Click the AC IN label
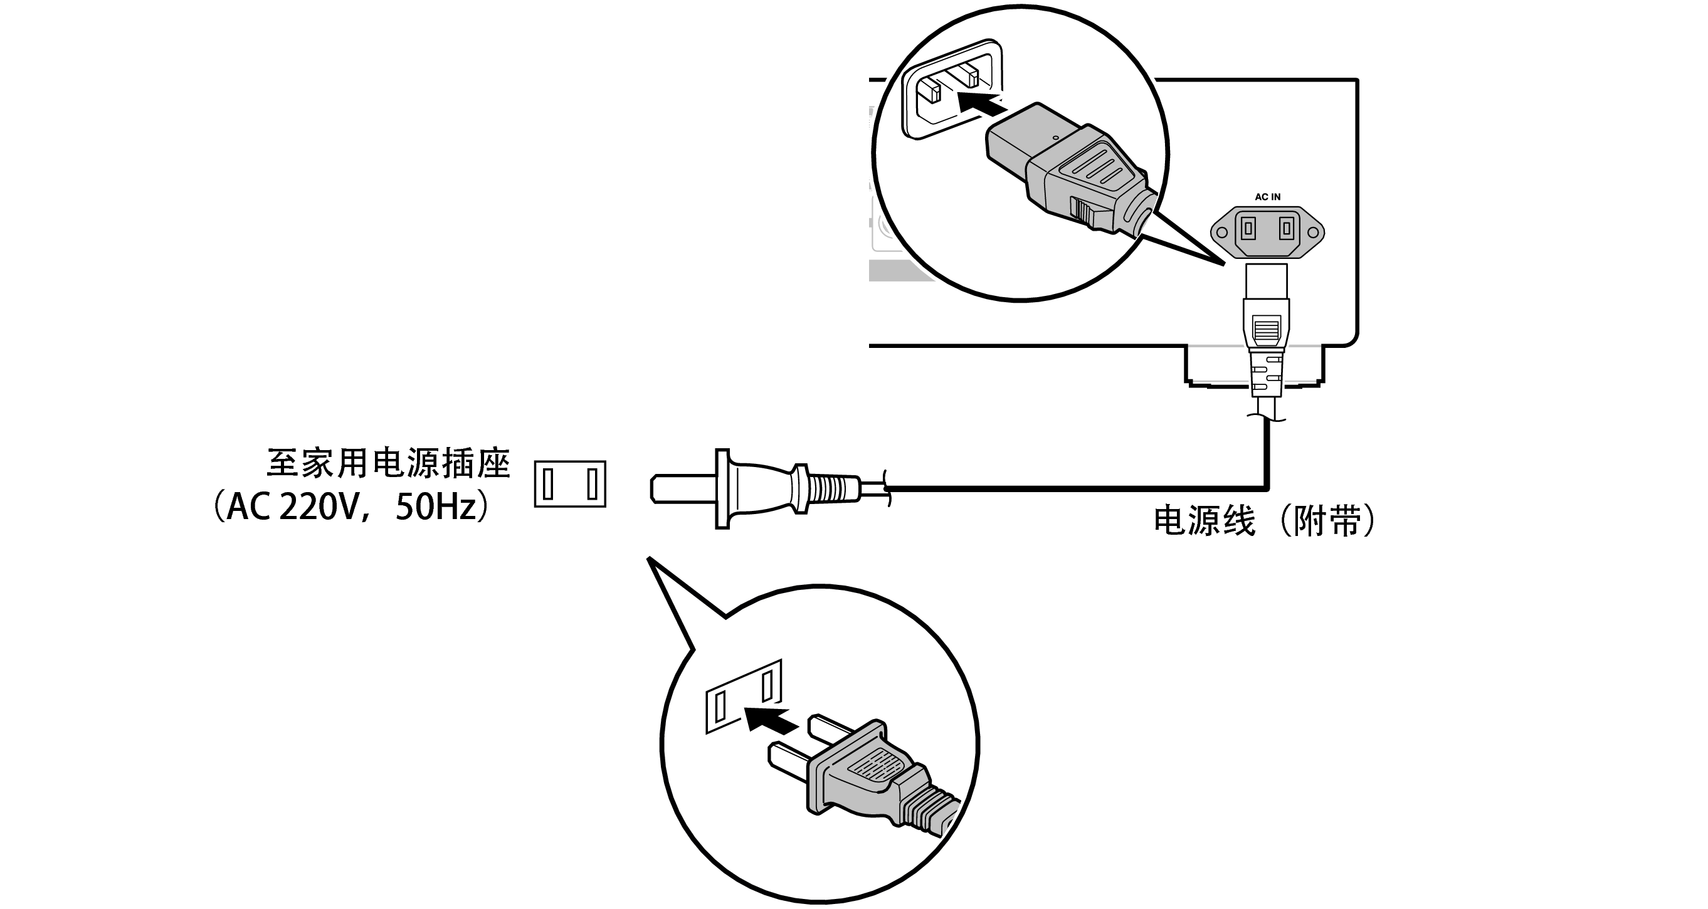coord(1267,197)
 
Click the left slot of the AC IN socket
coord(1248,229)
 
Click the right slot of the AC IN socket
coord(1286,229)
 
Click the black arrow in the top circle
coord(981,103)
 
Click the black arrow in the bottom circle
coord(769,718)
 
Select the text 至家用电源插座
coord(388,463)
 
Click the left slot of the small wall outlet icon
coord(547,483)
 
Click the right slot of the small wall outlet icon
coord(592,483)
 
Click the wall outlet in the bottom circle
coord(743,696)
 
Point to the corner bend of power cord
coord(1267,488)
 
